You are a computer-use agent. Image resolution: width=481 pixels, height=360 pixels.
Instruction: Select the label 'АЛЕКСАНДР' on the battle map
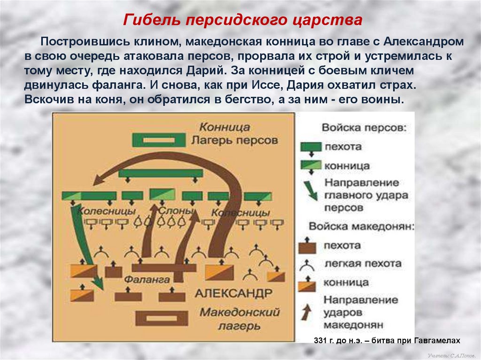pos(233,293)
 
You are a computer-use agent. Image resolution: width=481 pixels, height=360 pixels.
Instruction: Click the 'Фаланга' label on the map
pos(147,279)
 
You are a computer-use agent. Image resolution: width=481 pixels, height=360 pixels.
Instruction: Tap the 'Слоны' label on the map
pos(176,211)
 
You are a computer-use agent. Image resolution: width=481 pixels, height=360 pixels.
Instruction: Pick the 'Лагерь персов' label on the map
pos(234,140)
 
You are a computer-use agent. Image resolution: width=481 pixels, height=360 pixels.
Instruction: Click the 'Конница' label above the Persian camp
pos(224,127)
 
